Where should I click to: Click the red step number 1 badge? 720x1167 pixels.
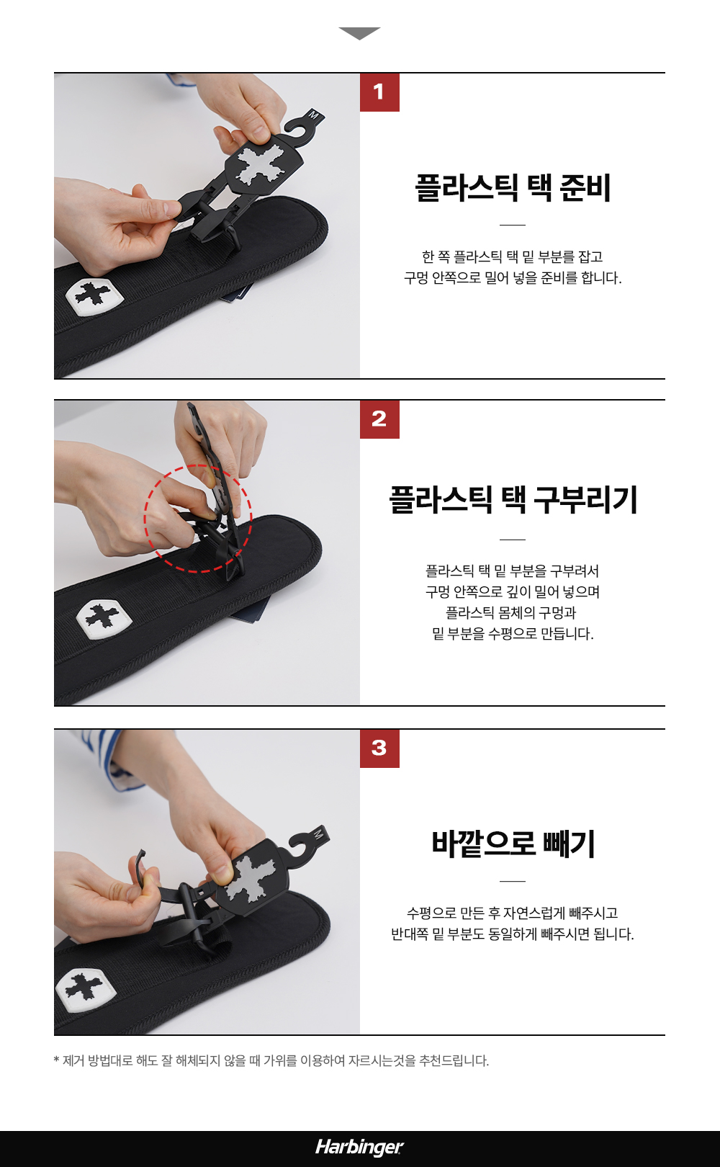379,92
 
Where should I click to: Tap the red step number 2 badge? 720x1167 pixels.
379,419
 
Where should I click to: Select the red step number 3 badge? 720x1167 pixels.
379,748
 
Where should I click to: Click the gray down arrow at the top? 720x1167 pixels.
359,33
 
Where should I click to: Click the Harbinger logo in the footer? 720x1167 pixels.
359,1147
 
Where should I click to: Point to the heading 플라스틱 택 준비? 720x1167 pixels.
512,187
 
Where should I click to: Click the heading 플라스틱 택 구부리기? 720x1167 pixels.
513,500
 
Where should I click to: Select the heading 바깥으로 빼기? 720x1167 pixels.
513,844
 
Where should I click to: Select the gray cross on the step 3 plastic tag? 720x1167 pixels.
254,880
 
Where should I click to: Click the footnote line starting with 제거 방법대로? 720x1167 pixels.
271,1060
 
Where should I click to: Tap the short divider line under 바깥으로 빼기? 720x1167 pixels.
512,881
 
